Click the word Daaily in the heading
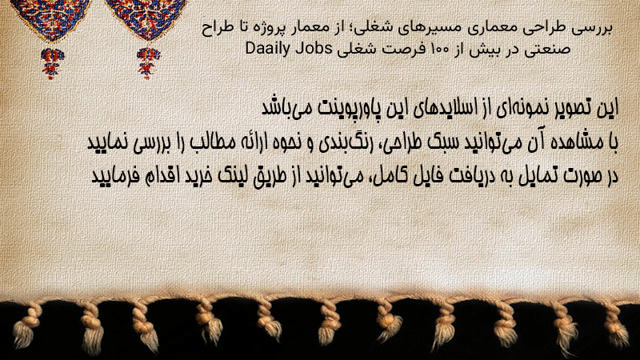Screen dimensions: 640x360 [267, 49]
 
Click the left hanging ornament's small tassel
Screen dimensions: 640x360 [52, 62]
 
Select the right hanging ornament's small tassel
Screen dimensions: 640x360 [148, 62]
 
